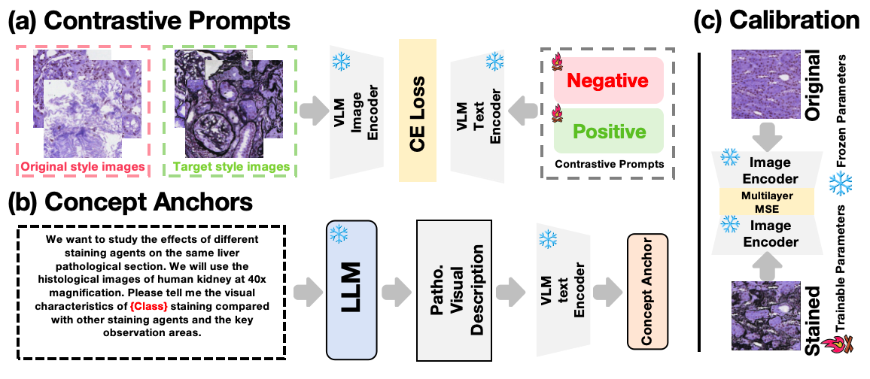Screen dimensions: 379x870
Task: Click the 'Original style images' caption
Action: [82, 165]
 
